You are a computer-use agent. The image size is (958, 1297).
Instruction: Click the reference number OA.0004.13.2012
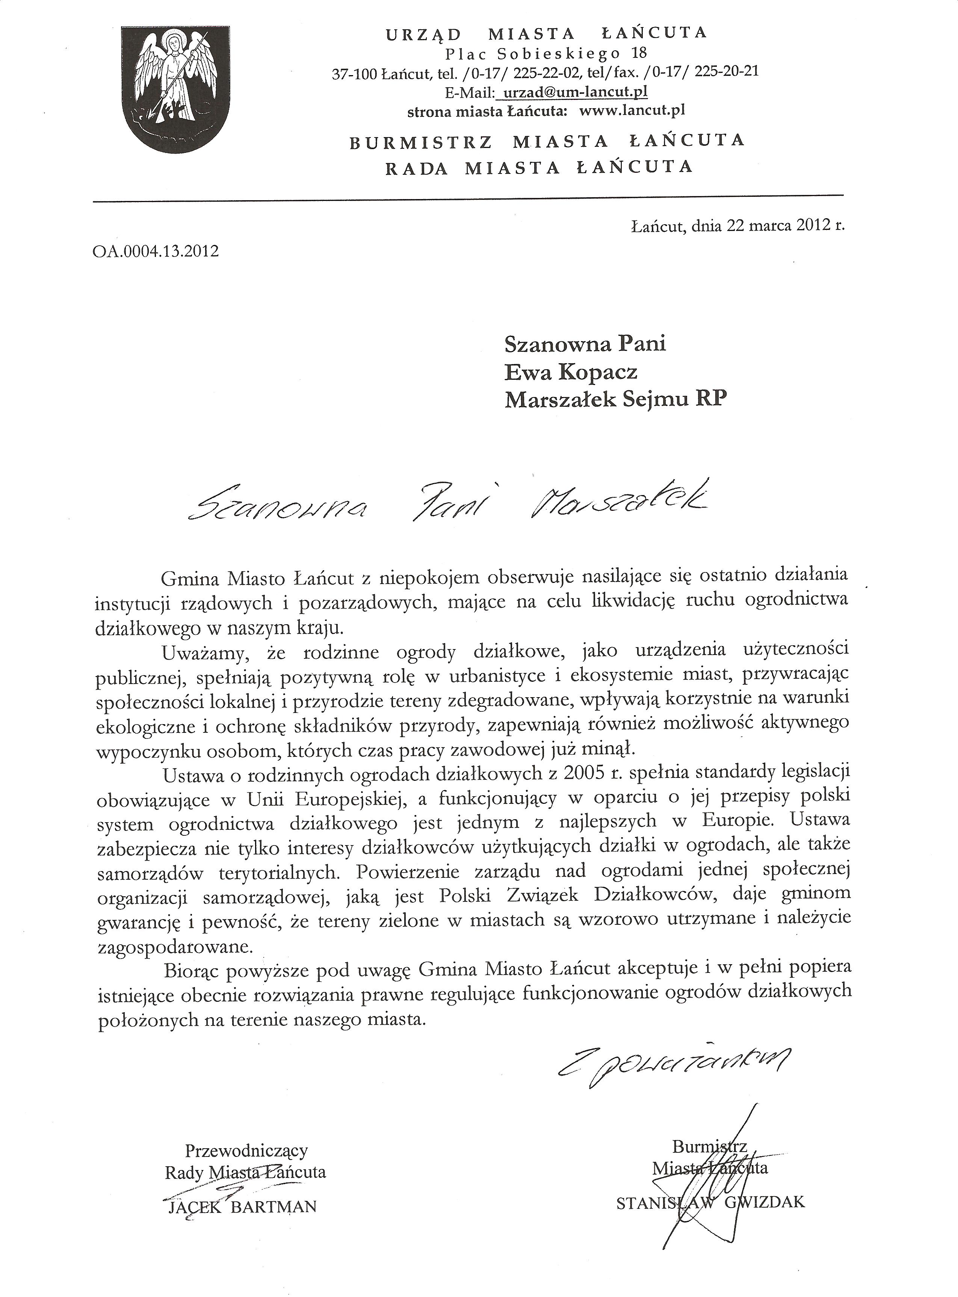click(156, 251)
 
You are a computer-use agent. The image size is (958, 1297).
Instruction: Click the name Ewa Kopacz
click(571, 371)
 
